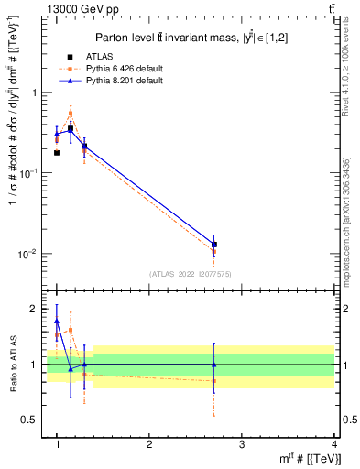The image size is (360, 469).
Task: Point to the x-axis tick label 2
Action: pyautogui.click(x=149, y=445)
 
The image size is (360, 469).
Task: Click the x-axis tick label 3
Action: pyautogui.click(x=242, y=445)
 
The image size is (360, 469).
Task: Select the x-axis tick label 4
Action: pyautogui.click(x=333, y=445)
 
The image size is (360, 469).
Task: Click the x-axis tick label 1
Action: pyautogui.click(x=57, y=445)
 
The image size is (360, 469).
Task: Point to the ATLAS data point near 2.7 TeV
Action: pyautogui.click(x=214, y=245)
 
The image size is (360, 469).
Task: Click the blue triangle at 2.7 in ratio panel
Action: pyautogui.click(x=214, y=365)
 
